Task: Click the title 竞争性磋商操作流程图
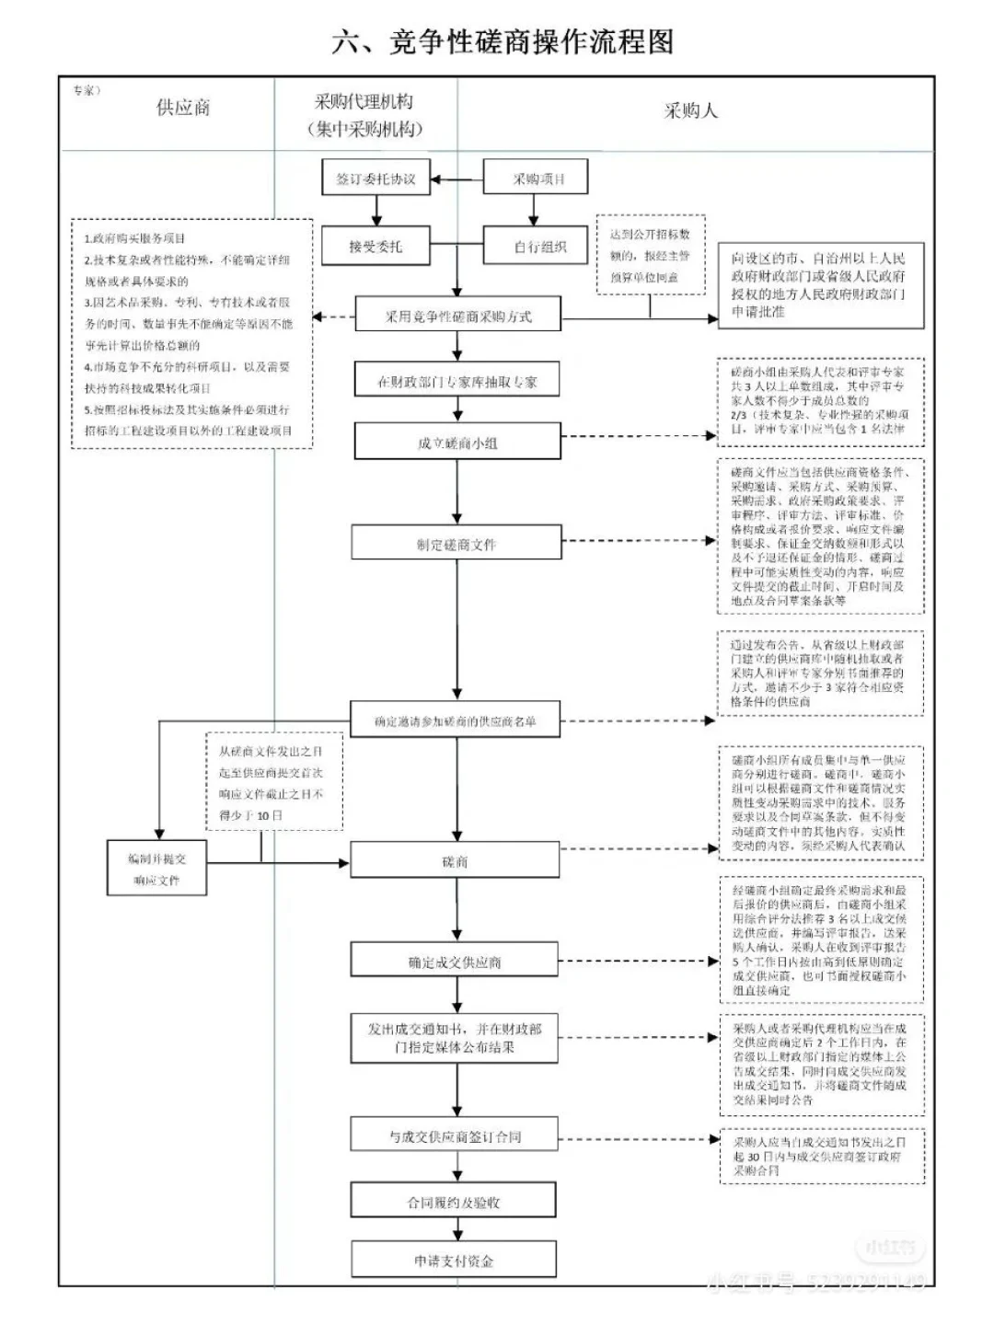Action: point(503,42)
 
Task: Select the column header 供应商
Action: point(183,108)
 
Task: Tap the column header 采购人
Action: point(690,111)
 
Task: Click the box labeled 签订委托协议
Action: point(376,179)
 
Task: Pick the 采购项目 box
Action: point(536,179)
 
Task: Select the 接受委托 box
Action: point(376,247)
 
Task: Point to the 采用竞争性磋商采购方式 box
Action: point(457,317)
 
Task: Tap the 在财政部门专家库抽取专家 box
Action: point(457,381)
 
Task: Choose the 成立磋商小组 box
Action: point(457,443)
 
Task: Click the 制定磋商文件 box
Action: point(457,545)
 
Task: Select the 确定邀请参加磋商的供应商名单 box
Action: point(456,721)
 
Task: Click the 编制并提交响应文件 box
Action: point(156,869)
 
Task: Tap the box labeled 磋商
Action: point(456,861)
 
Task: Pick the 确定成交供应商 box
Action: point(455,962)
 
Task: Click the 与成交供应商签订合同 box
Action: point(455,1136)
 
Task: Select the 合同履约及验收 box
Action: point(454,1202)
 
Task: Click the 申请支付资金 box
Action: point(454,1261)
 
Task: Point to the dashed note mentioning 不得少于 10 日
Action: point(272,783)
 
